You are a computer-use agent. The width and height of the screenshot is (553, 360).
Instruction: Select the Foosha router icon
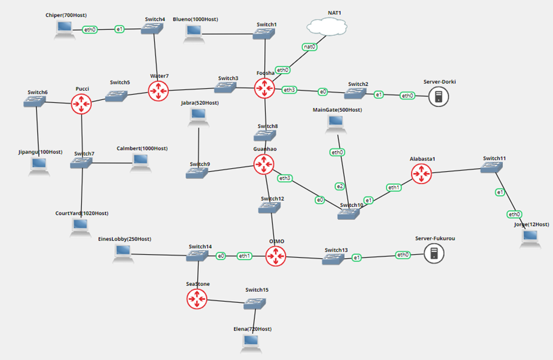[x=264, y=88]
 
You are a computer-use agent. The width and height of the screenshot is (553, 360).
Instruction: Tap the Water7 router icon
[x=158, y=91]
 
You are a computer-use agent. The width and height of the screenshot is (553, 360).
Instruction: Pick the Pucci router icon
[x=81, y=104]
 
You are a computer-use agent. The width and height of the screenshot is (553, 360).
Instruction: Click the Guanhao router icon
[x=264, y=164]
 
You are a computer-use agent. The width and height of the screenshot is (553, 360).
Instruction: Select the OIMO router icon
[x=275, y=256]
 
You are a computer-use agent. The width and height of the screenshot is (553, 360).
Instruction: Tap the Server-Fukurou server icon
[x=434, y=254]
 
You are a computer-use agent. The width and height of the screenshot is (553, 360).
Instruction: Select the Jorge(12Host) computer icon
[x=530, y=237]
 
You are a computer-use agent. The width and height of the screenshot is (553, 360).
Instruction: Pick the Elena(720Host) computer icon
[x=251, y=343]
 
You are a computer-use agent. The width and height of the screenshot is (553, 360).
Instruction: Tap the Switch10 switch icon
[x=351, y=214]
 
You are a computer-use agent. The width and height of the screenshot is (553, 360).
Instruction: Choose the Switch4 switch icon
[x=154, y=29]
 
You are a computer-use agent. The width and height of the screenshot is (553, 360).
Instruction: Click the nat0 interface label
[x=309, y=46]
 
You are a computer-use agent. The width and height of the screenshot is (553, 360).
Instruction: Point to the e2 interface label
[x=339, y=186]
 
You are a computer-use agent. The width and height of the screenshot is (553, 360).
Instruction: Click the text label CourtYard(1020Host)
[x=81, y=213]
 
